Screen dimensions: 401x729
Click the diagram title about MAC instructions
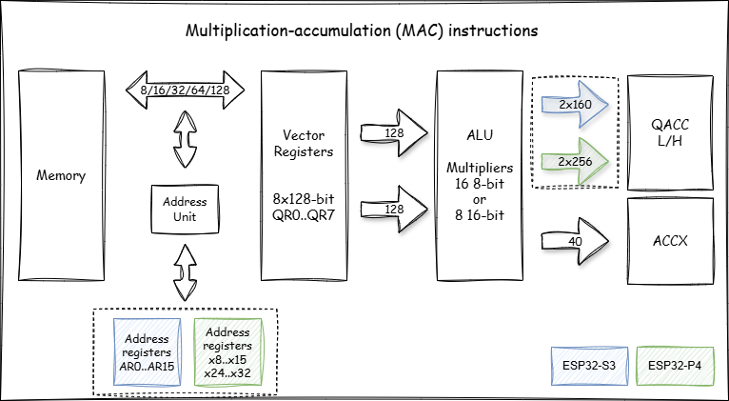coord(362,30)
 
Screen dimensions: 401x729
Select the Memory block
coord(62,175)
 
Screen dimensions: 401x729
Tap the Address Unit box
coord(185,209)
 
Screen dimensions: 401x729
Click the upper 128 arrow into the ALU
coord(392,134)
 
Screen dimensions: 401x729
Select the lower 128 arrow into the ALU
coord(392,207)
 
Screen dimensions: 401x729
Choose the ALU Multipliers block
coord(480,175)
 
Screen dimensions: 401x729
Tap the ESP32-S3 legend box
coord(589,366)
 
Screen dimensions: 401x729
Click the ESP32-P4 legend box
coord(675,366)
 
